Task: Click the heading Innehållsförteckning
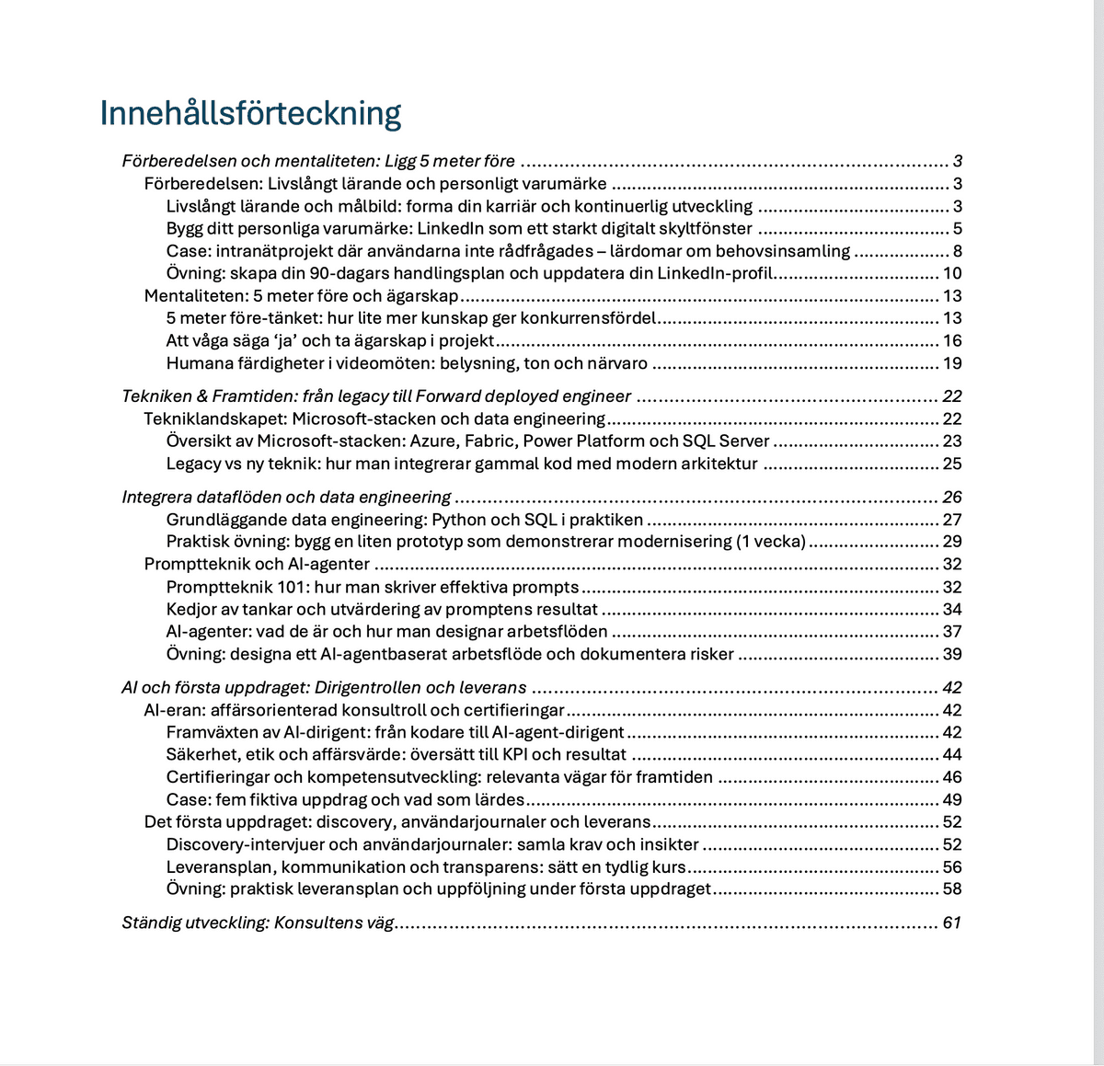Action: tap(250, 113)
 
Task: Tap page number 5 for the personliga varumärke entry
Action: tap(957, 229)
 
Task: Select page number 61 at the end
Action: tap(952, 923)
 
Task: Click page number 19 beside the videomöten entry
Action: tap(952, 363)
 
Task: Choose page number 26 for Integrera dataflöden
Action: tap(952, 498)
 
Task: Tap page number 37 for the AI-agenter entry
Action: tap(952, 632)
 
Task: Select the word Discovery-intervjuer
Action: tap(247, 844)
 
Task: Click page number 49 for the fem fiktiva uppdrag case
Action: tap(952, 800)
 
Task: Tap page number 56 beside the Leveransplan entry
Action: tap(952, 867)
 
